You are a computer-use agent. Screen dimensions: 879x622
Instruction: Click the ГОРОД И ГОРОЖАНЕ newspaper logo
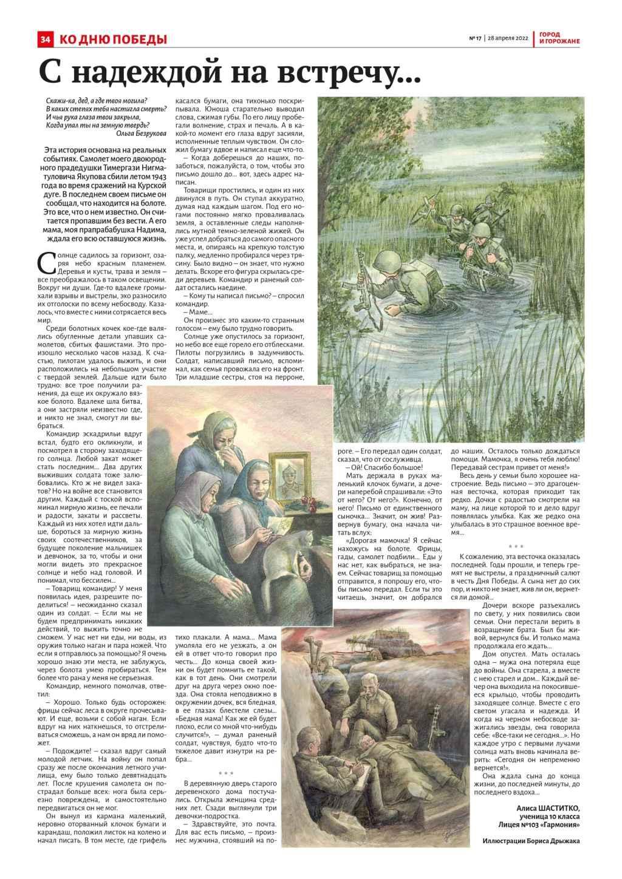pyautogui.click(x=559, y=38)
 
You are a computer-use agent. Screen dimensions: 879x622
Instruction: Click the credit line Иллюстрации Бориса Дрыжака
pyautogui.click(x=531, y=840)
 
